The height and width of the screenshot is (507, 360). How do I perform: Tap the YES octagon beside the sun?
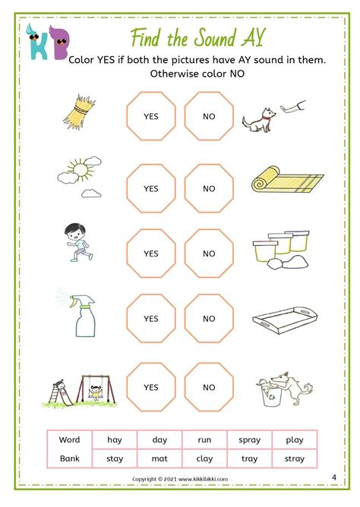pyautogui.click(x=151, y=188)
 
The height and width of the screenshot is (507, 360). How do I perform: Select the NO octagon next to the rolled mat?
pyautogui.click(x=209, y=188)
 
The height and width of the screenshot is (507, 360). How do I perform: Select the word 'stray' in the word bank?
pyautogui.click(x=294, y=458)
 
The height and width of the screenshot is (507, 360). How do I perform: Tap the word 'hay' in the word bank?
pyautogui.click(x=114, y=439)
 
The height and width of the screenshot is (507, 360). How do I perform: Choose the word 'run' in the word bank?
pyautogui.click(x=205, y=439)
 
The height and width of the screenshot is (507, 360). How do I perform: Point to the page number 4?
pyautogui.click(x=334, y=477)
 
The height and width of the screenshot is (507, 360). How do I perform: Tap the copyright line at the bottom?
pyautogui.click(x=179, y=479)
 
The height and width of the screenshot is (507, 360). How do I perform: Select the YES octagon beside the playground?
pyautogui.click(x=151, y=386)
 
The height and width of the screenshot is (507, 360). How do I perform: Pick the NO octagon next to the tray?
pyautogui.click(x=209, y=318)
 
